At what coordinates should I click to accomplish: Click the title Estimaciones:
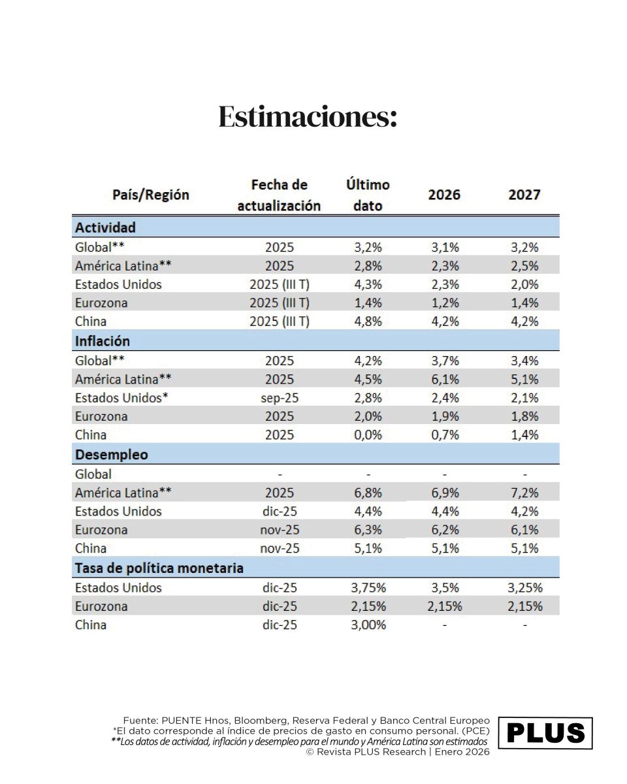(307, 117)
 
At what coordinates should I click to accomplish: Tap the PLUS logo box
(545, 733)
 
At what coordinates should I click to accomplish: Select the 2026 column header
(444, 195)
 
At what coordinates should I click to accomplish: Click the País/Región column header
(151, 195)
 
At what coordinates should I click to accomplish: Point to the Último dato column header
(368, 195)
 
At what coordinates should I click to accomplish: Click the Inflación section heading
(103, 341)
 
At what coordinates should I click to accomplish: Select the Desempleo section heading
(112, 454)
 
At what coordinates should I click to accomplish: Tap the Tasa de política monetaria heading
(159, 568)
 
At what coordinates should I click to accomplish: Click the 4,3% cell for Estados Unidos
(367, 285)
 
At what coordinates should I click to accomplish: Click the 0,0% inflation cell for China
(367, 435)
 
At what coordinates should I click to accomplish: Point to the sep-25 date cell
(280, 398)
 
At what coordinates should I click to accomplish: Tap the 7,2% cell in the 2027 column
(525, 493)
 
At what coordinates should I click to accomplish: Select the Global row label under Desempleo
(93, 474)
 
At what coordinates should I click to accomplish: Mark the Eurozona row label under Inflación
(101, 416)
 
